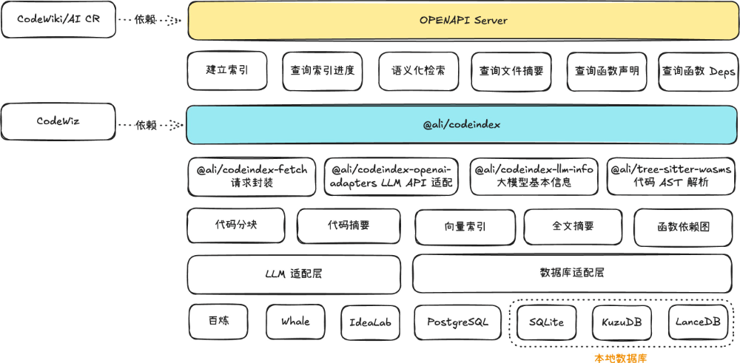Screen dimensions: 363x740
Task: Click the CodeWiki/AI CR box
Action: coord(58,20)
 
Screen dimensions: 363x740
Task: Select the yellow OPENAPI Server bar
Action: coord(463,21)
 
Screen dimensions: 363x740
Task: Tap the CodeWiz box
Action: coord(58,121)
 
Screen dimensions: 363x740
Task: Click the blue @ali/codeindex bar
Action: coord(462,124)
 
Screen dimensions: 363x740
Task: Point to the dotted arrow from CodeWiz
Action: coord(151,125)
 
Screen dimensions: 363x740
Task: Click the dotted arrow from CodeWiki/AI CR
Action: coord(151,21)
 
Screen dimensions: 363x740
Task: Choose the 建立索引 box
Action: coord(227,71)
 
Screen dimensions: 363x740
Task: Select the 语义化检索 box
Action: coord(418,71)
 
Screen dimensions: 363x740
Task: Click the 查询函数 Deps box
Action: coord(698,71)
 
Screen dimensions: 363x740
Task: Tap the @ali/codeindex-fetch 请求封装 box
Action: coord(252,176)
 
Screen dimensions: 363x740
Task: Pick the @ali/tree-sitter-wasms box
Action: coord(671,176)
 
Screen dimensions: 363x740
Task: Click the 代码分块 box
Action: coord(235,225)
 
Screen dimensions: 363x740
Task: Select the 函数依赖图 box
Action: coord(683,227)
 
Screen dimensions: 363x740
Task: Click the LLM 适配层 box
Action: coord(294,274)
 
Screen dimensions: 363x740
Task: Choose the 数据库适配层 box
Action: coord(572,273)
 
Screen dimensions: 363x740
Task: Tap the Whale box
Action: coord(295,322)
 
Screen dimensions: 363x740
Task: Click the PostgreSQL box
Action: coord(457,322)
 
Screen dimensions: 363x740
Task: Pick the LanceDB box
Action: coord(698,322)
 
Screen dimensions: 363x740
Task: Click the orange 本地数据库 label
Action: coord(620,358)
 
